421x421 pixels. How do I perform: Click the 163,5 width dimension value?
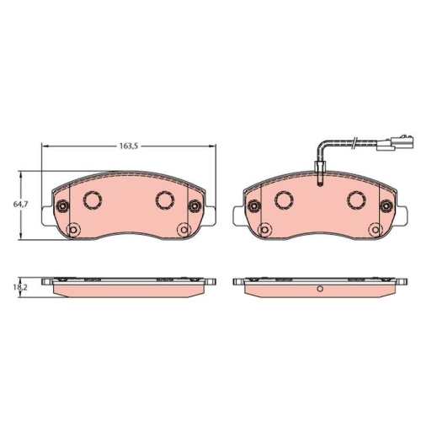(x=128, y=147)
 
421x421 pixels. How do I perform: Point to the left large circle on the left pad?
(x=91, y=200)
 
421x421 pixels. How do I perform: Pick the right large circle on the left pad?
(x=165, y=200)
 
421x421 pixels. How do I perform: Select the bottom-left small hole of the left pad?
(x=72, y=229)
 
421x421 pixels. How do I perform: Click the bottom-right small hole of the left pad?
(x=183, y=229)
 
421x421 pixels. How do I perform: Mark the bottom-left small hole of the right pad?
(x=265, y=229)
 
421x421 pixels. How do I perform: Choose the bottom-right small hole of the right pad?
(x=376, y=229)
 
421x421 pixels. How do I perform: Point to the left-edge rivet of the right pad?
(x=253, y=205)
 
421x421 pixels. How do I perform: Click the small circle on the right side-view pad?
(x=320, y=290)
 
